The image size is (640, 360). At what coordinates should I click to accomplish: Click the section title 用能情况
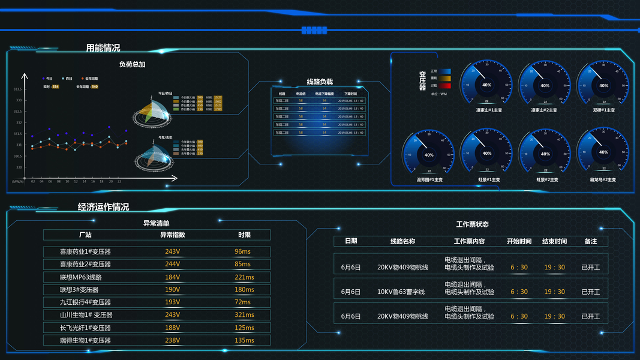(103, 48)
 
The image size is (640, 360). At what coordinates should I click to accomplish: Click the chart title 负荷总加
(132, 64)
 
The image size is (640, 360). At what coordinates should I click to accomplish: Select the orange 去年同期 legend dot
(82, 79)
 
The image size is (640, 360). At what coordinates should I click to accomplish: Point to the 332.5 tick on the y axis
(18, 112)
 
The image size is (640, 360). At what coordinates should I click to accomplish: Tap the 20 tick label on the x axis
(110, 181)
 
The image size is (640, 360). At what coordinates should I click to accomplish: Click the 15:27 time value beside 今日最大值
(218, 97)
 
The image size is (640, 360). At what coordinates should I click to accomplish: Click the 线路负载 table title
(319, 82)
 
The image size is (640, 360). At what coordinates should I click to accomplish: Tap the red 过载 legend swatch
(444, 86)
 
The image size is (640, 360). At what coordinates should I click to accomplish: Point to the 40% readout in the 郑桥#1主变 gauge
(603, 85)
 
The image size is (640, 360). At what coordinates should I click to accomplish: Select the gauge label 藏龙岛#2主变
(603, 179)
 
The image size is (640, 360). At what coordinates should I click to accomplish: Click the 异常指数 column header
(172, 235)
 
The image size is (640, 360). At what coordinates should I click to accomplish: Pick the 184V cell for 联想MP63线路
(172, 277)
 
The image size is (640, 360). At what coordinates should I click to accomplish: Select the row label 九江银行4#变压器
(85, 302)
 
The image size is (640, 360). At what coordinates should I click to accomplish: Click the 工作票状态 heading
(472, 224)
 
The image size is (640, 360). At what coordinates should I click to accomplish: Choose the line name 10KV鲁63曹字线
(401, 292)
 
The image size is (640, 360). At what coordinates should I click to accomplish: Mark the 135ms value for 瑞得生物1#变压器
(244, 341)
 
